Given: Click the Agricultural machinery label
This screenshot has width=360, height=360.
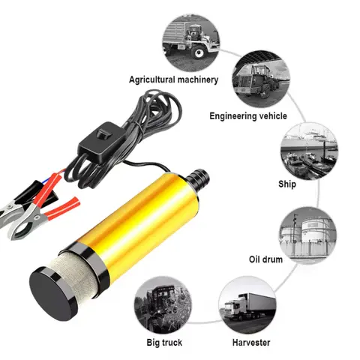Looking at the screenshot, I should (173, 79).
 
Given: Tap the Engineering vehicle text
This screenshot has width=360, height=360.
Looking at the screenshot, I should (248, 116).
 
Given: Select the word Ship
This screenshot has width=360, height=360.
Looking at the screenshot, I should (286, 184).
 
